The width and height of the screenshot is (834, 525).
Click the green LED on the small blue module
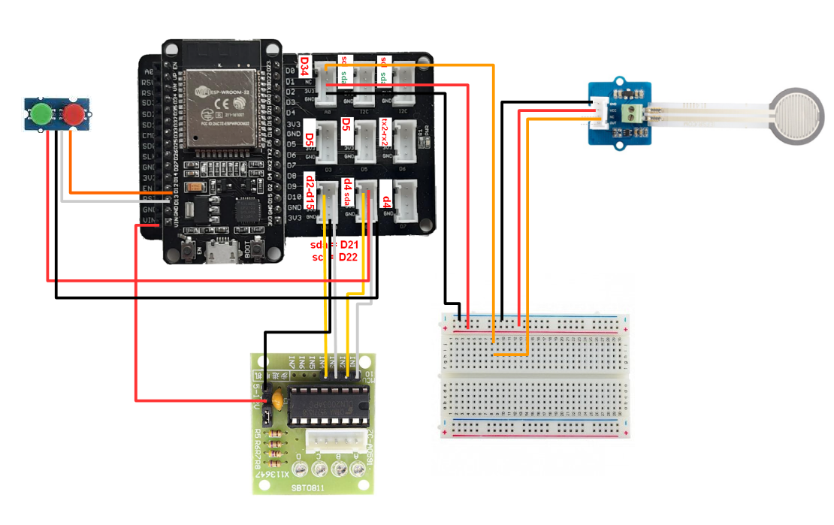click(41, 114)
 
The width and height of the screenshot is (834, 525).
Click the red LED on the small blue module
click(74, 114)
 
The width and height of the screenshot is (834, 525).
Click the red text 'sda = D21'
click(334, 245)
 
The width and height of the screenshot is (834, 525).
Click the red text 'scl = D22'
click(334, 257)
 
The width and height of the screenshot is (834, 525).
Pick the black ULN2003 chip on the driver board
click(328, 404)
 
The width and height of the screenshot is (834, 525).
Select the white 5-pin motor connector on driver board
click(335, 442)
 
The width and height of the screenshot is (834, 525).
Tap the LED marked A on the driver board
click(359, 470)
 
